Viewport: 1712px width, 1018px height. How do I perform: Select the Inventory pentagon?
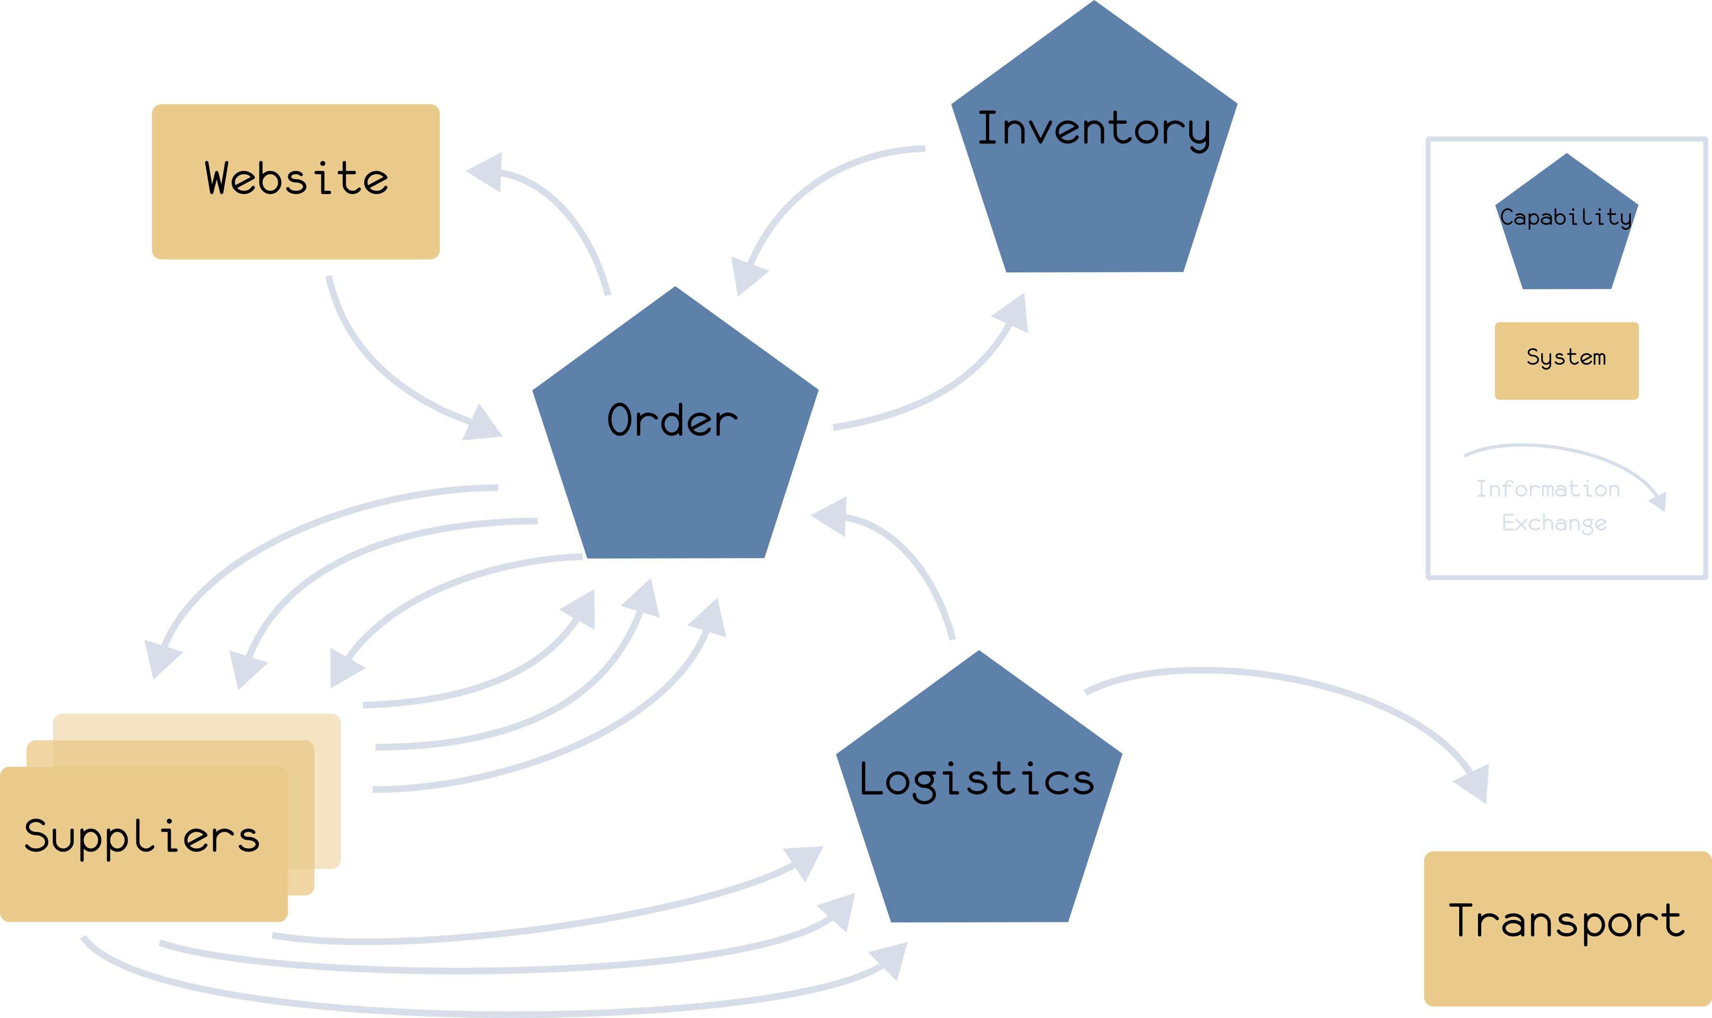tap(1094, 199)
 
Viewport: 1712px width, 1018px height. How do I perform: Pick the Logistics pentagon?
tap(978, 857)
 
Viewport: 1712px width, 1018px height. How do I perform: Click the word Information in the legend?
tap(1548, 489)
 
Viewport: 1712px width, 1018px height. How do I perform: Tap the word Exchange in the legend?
tap(1554, 523)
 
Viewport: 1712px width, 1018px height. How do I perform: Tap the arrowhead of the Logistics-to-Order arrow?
tap(831, 516)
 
